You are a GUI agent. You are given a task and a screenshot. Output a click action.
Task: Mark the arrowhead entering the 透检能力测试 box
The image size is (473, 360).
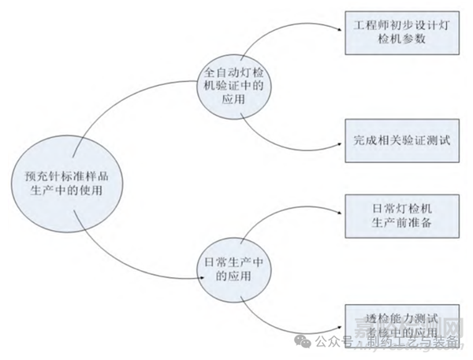click(x=341, y=324)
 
